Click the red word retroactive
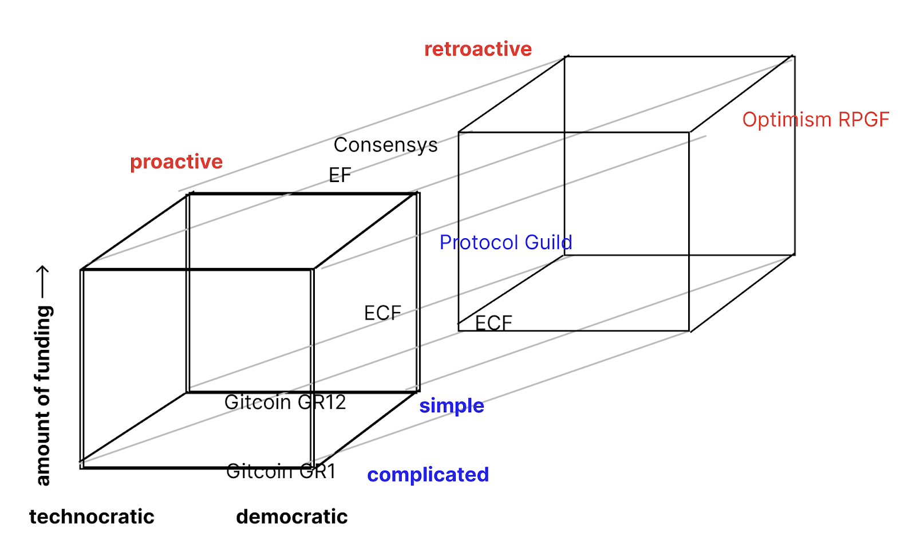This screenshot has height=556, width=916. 477,49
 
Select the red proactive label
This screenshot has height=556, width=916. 176,162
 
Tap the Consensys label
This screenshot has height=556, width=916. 385,145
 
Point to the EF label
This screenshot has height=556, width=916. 339,175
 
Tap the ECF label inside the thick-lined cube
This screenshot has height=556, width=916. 382,313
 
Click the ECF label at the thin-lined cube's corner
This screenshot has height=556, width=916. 493,323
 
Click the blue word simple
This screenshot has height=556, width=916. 452,406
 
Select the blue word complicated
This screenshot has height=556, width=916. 428,475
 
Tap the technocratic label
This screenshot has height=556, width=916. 92,517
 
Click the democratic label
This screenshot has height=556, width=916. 291,517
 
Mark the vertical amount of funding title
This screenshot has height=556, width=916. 44,395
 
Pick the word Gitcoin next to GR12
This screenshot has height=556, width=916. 258,403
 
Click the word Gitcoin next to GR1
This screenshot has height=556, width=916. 259,471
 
